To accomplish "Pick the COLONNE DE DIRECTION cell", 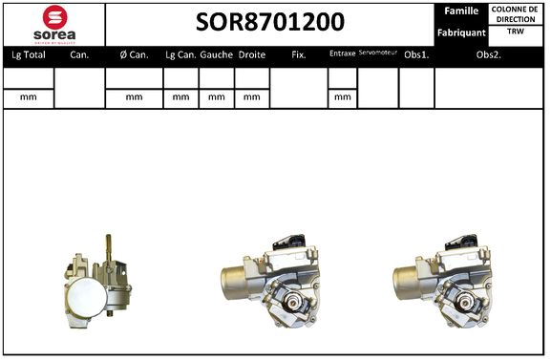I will [515, 13].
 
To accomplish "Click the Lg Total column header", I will [28, 55].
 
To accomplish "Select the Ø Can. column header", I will [133, 55].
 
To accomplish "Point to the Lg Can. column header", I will [180, 55].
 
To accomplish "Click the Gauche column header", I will [217, 55].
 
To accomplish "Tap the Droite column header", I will [252, 55].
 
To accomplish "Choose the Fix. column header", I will [299, 55].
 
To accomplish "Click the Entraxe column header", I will [342, 54].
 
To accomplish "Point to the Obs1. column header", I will [416, 55].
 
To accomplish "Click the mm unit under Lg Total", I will [28, 97].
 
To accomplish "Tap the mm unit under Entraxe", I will [342, 97].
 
